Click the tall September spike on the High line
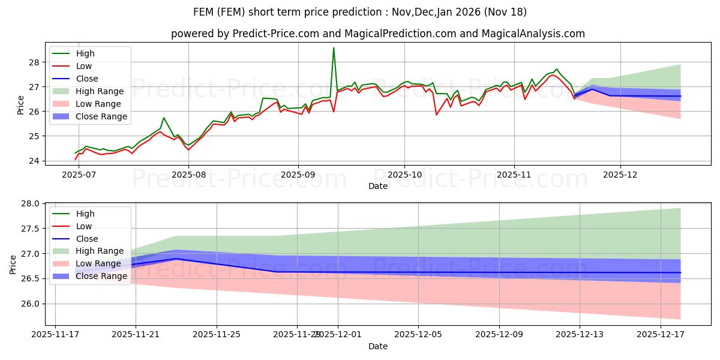pyautogui.click(x=334, y=48)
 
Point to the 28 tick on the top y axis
pyautogui.click(x=34, y=62)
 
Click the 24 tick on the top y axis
pyautogui.click(x=34, y=161)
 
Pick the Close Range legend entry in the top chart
pyautogui.click(x=101, y=116)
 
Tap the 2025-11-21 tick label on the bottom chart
pyautogui.click(x=136, y=334)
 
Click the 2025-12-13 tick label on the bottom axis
pyautogui.click(x=580, y=334)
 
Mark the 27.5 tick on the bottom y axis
pyautogui.click(x=31, y=229)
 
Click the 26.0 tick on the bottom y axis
pyautogui.click(x=31, y=304)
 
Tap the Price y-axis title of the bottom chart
pyautogui.click(x=13, y=263)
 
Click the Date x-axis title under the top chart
pyautogui.click(x=378, y=186)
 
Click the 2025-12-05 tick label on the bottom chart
pyautogui.click(x=418, y=334)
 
